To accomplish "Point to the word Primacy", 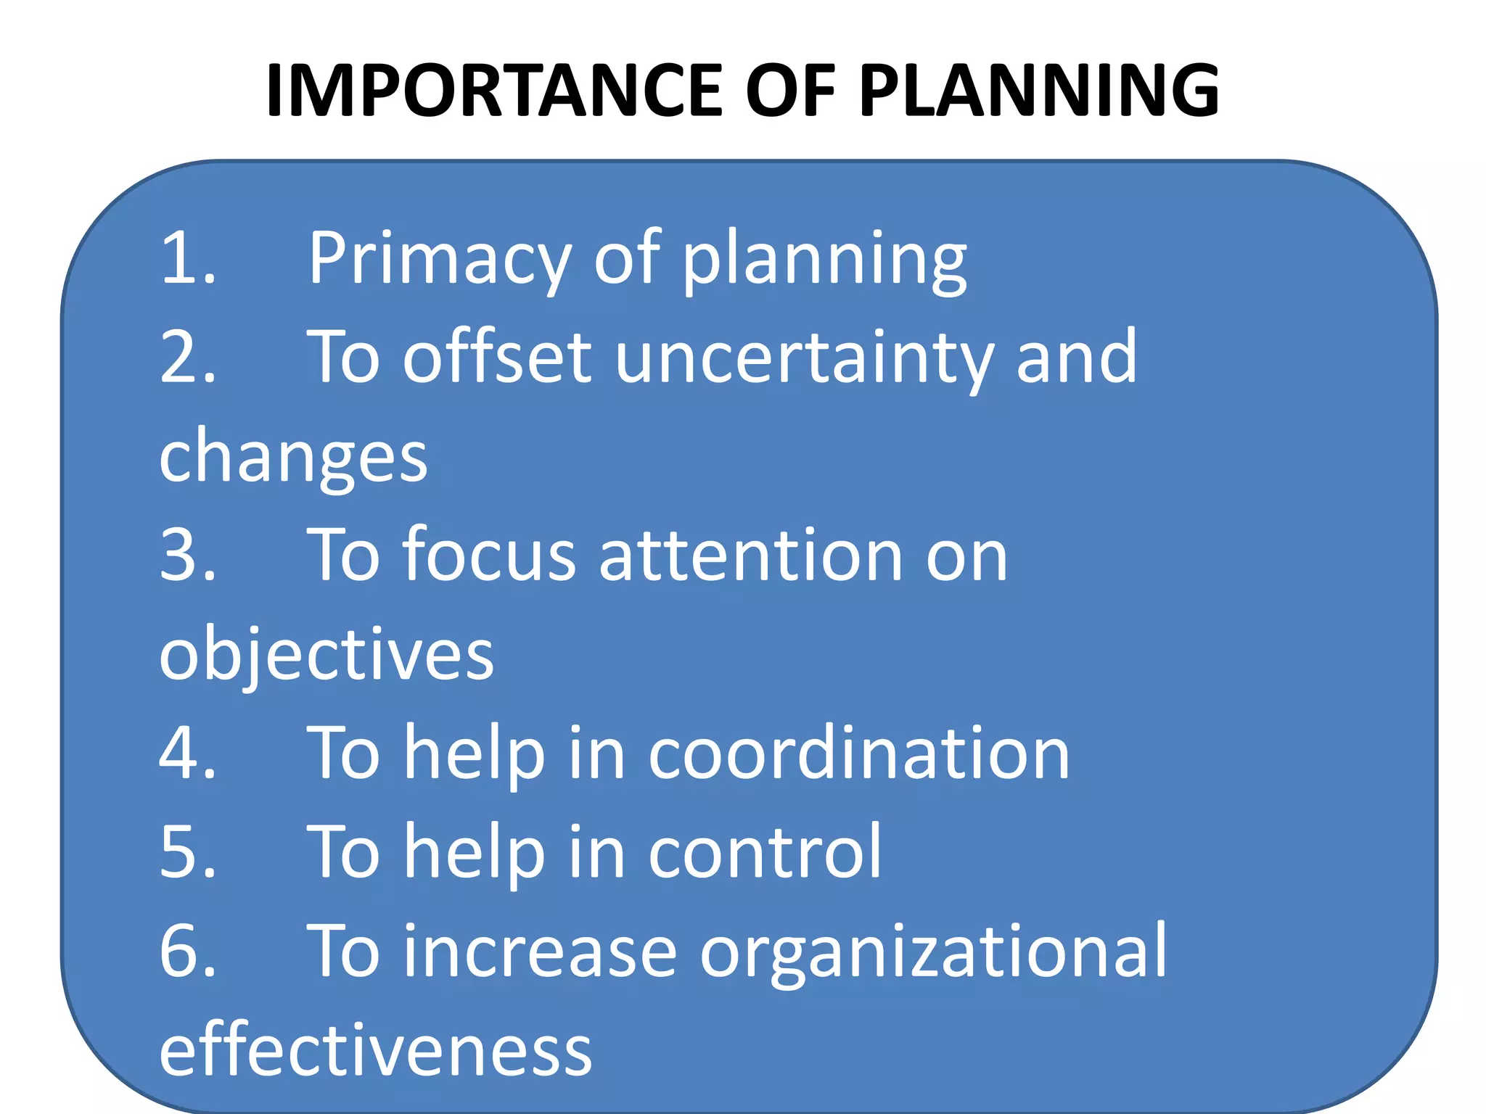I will tap(440, 260).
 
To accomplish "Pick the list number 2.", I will tap(186, 357).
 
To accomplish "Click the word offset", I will tap(498, 357).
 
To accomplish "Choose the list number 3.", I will tap(186, 555).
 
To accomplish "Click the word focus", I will tap(490, 555).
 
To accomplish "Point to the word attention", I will tap(751, 555).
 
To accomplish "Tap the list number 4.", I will tap(186, 753).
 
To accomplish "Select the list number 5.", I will tap(186, 852).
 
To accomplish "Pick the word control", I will tap(765, 852).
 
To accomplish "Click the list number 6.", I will tap(186, 952).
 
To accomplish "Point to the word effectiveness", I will tap(375, 1050).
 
